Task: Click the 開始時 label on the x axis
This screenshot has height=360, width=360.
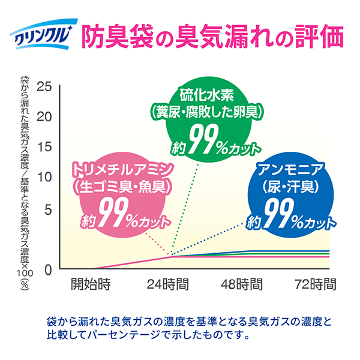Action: point(91,283)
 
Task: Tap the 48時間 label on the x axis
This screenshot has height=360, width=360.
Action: point(241,283)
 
